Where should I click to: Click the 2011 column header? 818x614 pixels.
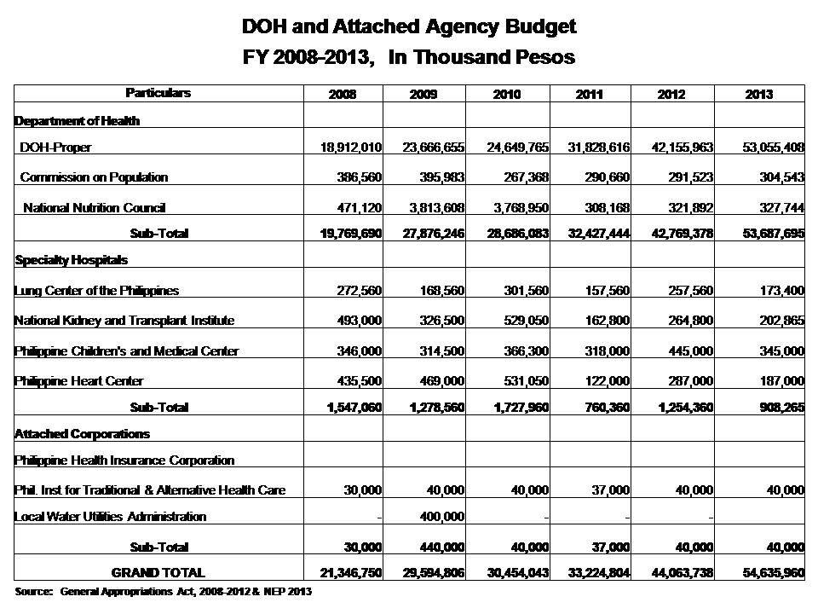click(589, 94)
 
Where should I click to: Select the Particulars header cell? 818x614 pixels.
click(158, 93)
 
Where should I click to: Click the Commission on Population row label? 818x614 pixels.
click(94, 177)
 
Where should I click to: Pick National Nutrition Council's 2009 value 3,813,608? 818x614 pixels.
click(433, 207)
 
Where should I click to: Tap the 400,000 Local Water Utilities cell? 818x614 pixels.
click(441, 516)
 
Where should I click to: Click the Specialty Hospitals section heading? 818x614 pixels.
click(71, 259)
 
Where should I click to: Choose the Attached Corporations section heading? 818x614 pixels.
click(82, 433)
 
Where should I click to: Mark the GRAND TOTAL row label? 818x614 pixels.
click(158, 572)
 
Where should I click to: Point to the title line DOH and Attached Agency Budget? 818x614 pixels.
click(409, 26)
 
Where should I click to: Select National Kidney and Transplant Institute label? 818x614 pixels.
click(124, 321)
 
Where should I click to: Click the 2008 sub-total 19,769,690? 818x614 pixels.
click(344, 233)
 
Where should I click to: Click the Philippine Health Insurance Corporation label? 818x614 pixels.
click(124, 460)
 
